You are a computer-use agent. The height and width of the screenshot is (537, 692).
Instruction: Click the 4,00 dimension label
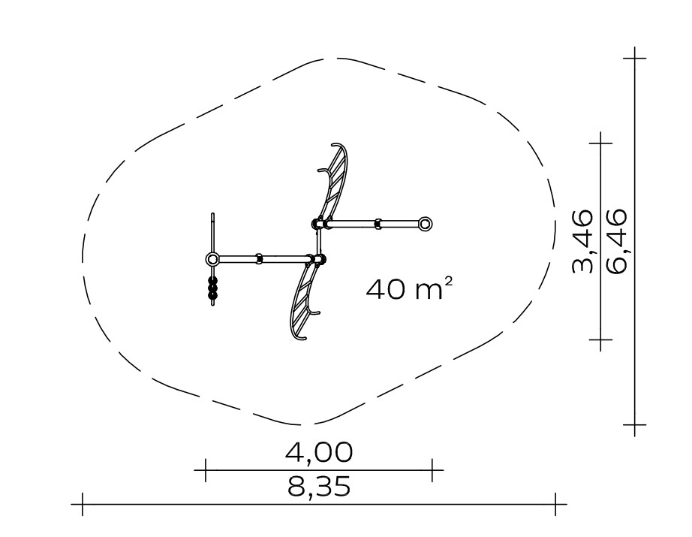click(x=319, y=452)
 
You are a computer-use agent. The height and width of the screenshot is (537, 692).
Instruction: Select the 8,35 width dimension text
click(x=319, y=487)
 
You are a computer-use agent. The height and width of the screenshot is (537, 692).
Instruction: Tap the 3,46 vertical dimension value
click(x=582, y=242)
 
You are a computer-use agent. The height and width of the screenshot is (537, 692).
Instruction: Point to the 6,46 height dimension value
click(x=616, y=242)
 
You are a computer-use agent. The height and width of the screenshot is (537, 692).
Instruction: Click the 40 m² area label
click(x=408, y=289)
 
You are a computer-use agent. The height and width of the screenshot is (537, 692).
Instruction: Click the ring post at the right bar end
click(x=425, y=224)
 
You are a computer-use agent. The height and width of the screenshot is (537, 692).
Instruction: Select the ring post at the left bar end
click(x=212, y=259)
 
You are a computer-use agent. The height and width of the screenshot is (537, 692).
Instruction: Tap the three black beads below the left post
click(x=213, y=288)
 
